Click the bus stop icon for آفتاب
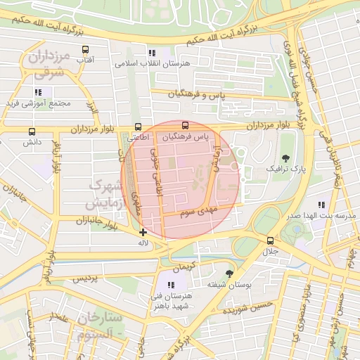85,50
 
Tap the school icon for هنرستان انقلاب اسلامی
152,53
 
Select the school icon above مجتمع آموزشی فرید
38,92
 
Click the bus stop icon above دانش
32,131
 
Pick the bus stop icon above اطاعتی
138,127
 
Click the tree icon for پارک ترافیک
285,158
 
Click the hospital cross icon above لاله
143,232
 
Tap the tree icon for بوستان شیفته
229,274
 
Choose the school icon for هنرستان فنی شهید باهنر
171,285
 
